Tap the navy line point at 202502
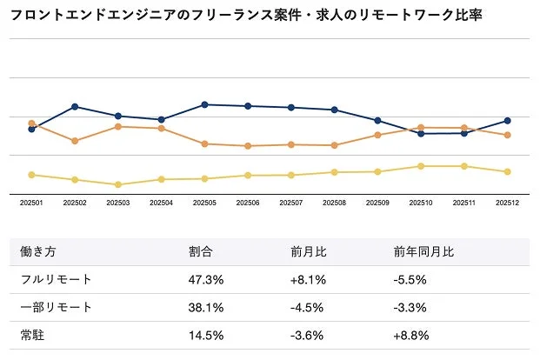tap(75, 107)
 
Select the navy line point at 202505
tap(204, 104)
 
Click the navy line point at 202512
tap(508, 121)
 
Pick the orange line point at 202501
tap(31, 123)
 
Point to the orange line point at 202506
tap(248, 146)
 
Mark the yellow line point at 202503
tap(117, 184)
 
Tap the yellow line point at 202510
tap(421, 166)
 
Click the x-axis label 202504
tap(161, 203)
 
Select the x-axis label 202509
tap(377, 203)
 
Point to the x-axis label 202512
tap(508, 203)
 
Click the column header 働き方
tap(38, 252)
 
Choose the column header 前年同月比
tap(423, 252)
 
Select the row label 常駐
tap(32, 336)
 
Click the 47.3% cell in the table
tap(206, 280)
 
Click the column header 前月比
tap(309, 252)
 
